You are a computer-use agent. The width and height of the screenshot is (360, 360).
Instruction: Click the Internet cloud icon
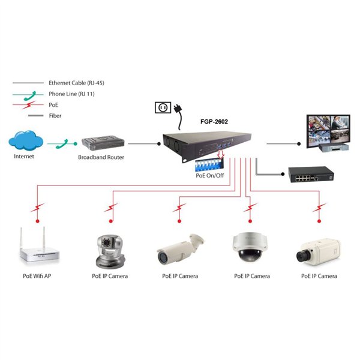click(x=25, y=142)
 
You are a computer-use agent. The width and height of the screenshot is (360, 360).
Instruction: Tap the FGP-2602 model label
click(x=214, y=121)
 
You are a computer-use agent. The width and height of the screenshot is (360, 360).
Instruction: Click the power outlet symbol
click(x=162, y=107)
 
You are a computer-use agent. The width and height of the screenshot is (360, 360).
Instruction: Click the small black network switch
click(x=311, y=175)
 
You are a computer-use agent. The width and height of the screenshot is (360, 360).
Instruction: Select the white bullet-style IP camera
click(x=179, y=248)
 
